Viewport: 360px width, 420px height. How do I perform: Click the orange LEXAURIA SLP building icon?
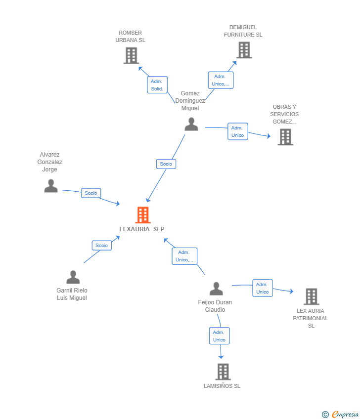[x=143, y=215]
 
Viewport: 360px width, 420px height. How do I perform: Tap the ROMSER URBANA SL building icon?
[x=132, y=55]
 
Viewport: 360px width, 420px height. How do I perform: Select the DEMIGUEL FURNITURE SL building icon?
[x=244, y=50]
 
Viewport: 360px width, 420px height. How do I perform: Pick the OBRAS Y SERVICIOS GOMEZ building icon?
[x=285, y=137]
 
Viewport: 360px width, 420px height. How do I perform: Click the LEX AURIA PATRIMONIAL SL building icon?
[x=312, y=296]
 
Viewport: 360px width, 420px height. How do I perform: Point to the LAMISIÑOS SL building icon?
[x=223, y=372]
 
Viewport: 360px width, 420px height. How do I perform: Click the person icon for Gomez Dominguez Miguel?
[x=191, y=125]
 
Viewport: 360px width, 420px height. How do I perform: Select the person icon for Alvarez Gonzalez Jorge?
[x=51, y=186]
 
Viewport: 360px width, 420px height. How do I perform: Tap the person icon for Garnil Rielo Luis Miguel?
[x=73, y=277]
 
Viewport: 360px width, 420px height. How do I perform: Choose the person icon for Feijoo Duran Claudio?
[x=216, y=289]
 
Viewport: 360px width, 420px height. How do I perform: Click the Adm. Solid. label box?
[x=157, y=85]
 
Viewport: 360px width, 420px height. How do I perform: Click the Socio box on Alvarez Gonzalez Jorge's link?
[x=91, y=193]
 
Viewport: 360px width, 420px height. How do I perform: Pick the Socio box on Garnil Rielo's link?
[x=102, y=246]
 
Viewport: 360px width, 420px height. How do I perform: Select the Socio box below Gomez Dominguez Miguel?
[x=166, y=164]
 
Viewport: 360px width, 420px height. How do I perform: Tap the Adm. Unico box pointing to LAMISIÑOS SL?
[x=219, y=336]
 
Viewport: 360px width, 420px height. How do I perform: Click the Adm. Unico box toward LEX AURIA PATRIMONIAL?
[x=263, y=288]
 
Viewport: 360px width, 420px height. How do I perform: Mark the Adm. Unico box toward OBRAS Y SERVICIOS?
[x=238, y=131]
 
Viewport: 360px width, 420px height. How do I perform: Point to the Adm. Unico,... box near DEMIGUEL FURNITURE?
[x=221, y=80]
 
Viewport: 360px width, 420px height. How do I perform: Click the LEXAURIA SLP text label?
[x=142, y=229]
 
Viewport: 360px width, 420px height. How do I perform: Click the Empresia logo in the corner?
[x=340, y=415]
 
